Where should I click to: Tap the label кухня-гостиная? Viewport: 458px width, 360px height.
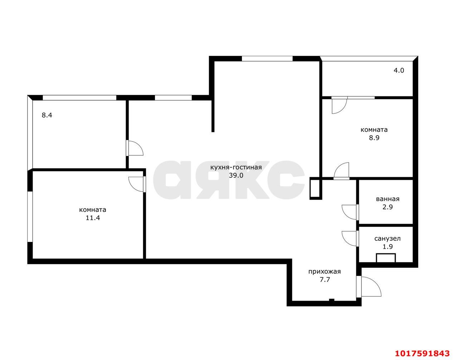pos(236,167)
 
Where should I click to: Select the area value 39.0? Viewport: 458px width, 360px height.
pos(236,175)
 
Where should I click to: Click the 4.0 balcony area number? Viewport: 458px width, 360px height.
pos(399,70)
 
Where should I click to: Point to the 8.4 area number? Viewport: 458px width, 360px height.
pos(47,115)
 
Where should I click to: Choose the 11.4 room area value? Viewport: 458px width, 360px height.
pos(93,218)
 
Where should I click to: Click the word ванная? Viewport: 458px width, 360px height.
pos(388,199)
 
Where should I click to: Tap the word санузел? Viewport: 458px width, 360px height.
pos(388,239)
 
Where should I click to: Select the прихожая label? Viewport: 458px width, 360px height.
pos(325,272)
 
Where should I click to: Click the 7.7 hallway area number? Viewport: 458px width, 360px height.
pos(325,280)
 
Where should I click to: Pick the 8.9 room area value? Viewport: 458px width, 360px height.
pos(374,138)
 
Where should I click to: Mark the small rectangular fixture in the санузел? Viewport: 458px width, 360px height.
pos(386,258)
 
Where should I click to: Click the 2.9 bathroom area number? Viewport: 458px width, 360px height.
pos(388,207)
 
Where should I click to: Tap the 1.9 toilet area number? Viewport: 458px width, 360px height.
pos(388,247)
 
